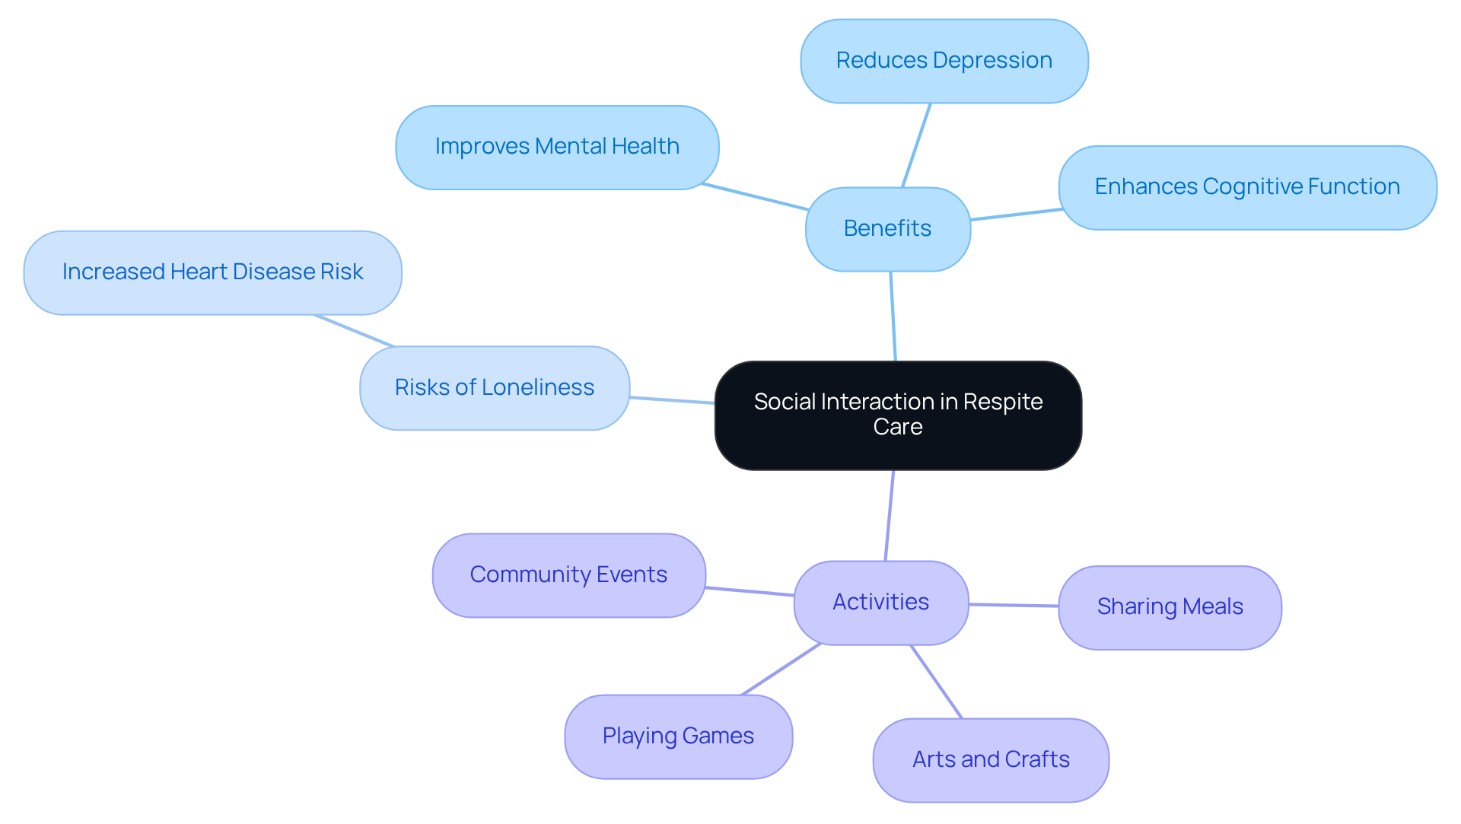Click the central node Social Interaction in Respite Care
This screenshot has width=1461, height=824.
tap(898, 415)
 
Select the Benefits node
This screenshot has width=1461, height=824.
tap(887, 229)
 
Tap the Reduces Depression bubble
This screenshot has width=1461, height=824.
tap(944, 61)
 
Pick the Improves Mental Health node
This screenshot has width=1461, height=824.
tap(557, 147)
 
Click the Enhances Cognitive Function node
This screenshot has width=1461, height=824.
tap(1247, 187)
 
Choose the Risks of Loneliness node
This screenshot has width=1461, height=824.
tap(495, 388)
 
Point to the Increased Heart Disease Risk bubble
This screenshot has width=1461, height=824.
tap(212, 272)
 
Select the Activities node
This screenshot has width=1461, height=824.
tap(880, 603)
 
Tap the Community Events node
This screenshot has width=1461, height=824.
tap(568, 575)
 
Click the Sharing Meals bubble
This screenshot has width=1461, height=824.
tap(1170, 607)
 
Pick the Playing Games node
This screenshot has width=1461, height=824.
tap(678, 737)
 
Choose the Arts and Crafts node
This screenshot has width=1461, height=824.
tap(991, 760)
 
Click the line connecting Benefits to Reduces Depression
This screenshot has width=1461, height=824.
tap(916, 145)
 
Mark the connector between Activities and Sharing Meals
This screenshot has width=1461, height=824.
tap(1014, 606)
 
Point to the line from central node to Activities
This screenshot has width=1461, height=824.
tap(890, 515)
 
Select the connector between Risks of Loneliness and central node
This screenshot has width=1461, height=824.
tap(672, 400)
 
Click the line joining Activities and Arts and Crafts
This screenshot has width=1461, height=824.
tap(937, 682)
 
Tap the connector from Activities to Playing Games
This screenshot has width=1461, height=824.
tap(781, 670)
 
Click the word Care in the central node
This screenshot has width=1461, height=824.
tap(898, 428)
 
